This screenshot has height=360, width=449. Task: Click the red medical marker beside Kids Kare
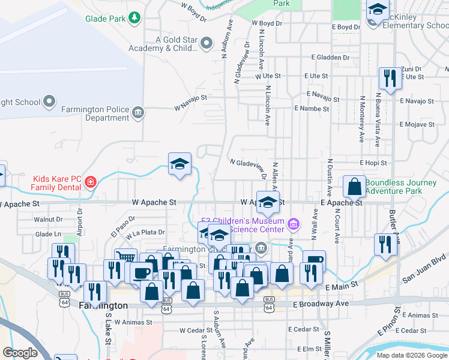pyautogui.click(x=91, y=181)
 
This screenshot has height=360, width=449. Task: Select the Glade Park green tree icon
pyautogui.click(x=136, y=18)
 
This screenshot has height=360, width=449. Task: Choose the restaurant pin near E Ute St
pyautogui.click(x=390, y=78)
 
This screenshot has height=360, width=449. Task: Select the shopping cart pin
pyautogui.click(x=125, y=259)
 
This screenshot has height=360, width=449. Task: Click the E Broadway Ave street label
pyautogui.click(x=321, y=304)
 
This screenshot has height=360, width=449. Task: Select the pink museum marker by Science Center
pyautogui.click(x=294, y=225)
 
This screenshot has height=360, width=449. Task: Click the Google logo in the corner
pyautogui.click(x=20, y=353)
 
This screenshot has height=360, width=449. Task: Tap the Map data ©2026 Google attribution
pyautogui.click(x=412, y=355)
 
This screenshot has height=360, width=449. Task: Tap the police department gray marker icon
pyautogui.click(x=139, y=112)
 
